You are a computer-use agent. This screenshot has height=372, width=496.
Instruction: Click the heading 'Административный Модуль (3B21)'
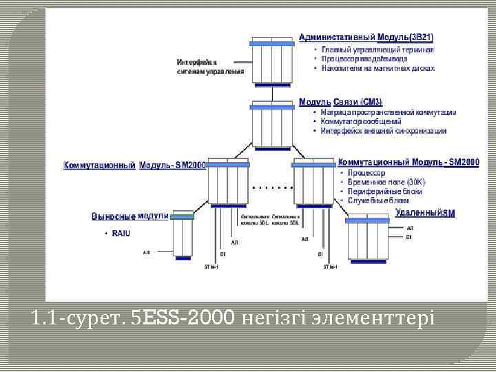(366, 37)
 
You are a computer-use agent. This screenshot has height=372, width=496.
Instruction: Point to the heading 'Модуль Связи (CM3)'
(340, 102)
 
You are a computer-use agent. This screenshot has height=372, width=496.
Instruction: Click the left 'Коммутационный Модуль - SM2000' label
(135, 165)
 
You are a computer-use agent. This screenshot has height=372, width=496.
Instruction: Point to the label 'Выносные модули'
(130, 216)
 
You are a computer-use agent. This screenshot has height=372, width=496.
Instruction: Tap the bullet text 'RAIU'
(121, 234)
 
